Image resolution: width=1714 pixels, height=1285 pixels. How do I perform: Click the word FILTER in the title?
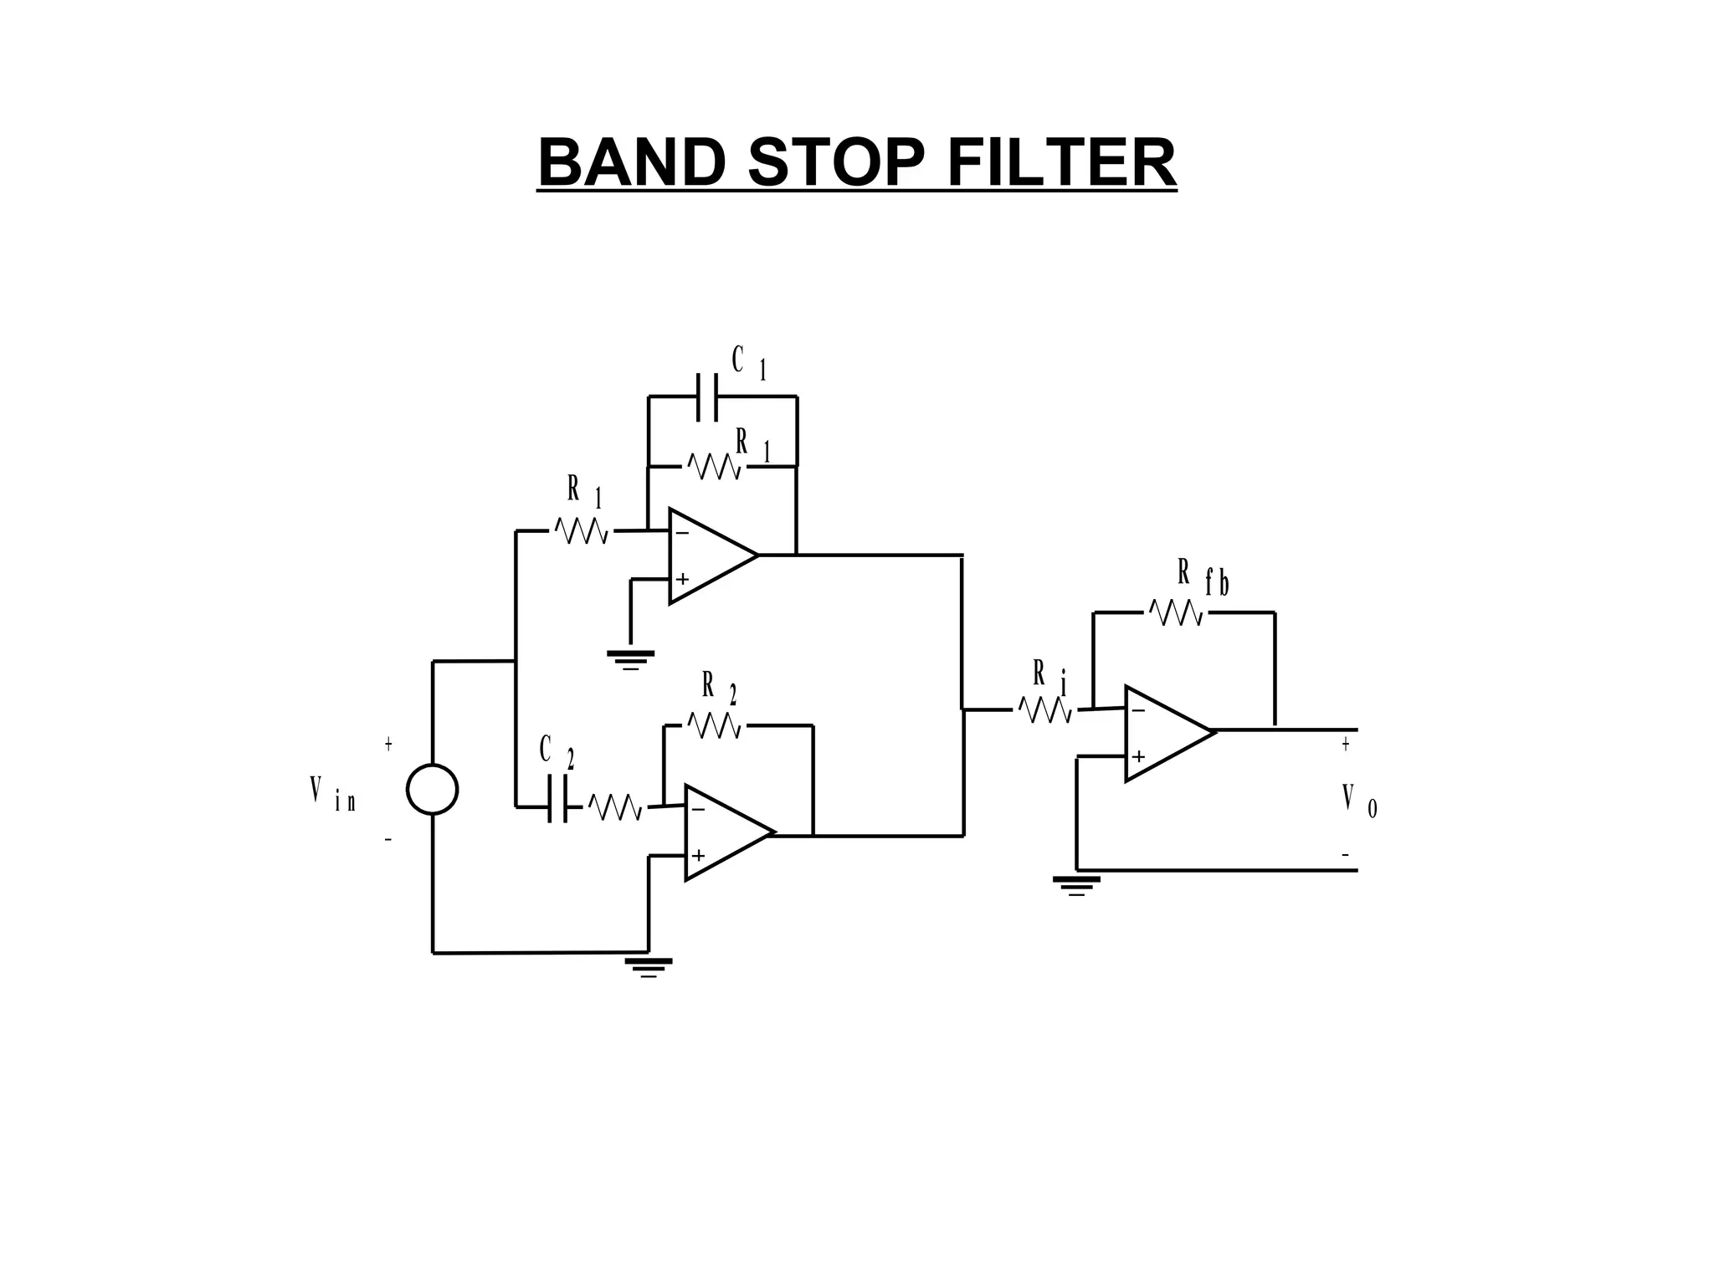[1061, 163]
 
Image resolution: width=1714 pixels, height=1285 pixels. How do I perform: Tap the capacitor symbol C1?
[707, 397]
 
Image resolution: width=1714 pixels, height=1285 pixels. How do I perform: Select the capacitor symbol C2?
[557, 799]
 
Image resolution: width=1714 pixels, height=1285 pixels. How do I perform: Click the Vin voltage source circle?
[432, 790]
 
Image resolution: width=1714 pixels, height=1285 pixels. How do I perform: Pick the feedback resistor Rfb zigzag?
[1176, 613]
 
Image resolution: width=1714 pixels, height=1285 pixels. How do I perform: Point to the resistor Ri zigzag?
[1044, 710]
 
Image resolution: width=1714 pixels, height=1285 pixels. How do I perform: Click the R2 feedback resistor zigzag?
[714, 725]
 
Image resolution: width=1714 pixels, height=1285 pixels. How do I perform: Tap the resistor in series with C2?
[615, 807]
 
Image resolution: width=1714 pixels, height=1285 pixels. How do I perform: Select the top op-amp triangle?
[707, 555]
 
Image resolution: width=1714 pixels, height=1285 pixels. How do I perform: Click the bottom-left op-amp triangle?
[724, 832]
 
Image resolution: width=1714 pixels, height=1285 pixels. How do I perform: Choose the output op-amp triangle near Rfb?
[1163, 734]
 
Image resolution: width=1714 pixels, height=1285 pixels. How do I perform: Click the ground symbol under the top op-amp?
[631, 660]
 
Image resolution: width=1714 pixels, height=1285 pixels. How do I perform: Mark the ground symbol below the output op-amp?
[1076, 885]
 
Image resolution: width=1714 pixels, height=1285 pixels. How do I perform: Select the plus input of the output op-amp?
[1138, 757]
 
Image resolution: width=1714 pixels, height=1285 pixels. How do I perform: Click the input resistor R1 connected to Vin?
[582, 531]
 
